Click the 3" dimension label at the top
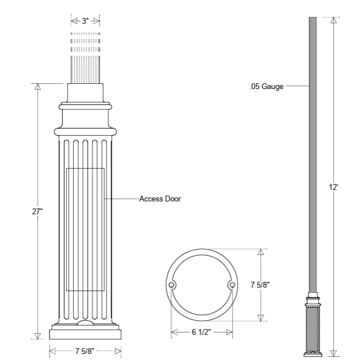pyautogui.click(x=85, y=22)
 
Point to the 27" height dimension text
pyautogui.click(x=38, y=212)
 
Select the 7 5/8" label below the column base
pyautogui.click(x=85, y=351)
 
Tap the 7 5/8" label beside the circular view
pyautogui.click(x=260, y=285)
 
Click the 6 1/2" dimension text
pyautogui.click(x=201, y=332)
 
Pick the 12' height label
pyautogui.click(x=333, y=188)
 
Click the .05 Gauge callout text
pyautogui.click(x=266, y=87)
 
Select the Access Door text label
pyautogui.click(x=160, y=199)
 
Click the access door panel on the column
pyautogui.click(x=85, y=229)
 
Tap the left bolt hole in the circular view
pyautogui.click(x=172, y=285)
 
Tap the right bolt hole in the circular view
pyautogui.click(x=232, y=285)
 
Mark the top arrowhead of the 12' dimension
pyautogui.click(x=334, y=20)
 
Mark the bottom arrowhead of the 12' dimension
pyautogui.click(x=334, y=353)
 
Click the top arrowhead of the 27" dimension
pyautogui.click(x=38, y=87)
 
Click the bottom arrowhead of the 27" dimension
pyautogui.click(x=38, y=336)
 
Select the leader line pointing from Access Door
pyautogui.click(x=122, y=199)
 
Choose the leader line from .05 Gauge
pyautogui.click(x=297, y=87)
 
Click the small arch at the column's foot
pyautogui.click(x=85, y=323)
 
